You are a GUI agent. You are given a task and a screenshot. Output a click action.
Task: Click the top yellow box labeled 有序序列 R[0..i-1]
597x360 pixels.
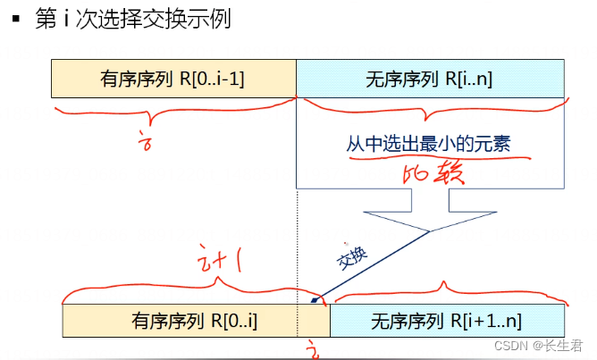pos(173,79)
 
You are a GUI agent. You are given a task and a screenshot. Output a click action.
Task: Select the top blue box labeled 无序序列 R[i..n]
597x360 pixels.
pos(430,79)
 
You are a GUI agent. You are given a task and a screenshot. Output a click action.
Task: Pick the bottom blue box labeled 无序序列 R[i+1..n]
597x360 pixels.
pos(448,320)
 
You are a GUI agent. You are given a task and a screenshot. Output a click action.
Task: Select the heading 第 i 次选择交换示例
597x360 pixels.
pos(132,19)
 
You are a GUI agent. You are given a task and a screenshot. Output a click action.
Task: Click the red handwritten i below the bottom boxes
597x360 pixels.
pos(310,347)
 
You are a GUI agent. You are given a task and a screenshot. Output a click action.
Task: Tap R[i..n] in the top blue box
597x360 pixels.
pos(471,79)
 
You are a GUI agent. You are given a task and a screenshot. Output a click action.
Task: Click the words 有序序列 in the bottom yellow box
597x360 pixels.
pos(162,320)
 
